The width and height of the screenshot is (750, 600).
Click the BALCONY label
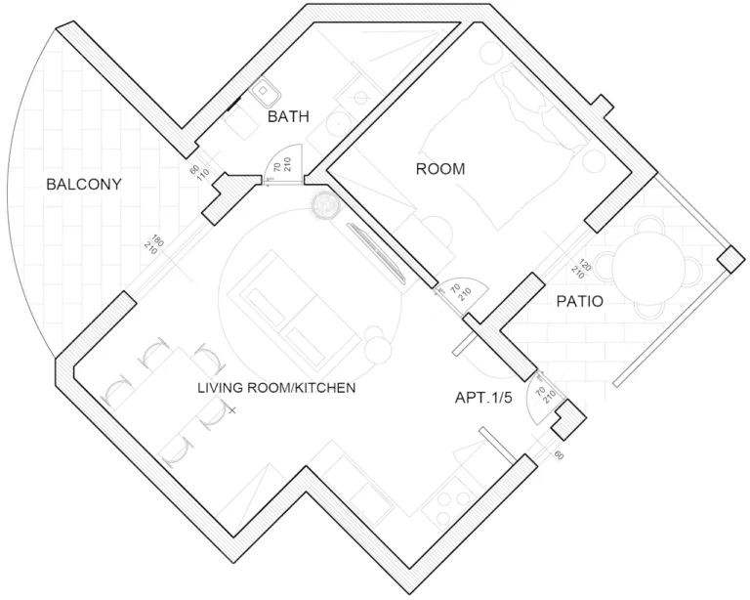[x=84, y=185]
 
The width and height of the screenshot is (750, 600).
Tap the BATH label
[x=288, y=116]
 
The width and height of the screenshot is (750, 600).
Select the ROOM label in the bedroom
[x=440, y=169]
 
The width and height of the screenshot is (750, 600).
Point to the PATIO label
[x=580, y=301]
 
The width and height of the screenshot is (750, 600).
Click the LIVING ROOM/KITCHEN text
[x=276, y=388]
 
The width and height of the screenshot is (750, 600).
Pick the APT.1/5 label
[x=483, y=398]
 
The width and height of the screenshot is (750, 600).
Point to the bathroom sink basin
[x=265, y=92]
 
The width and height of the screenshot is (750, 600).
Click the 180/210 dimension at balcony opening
[x=154, y=244]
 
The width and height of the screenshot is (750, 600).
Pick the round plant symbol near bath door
[x=326, y=205]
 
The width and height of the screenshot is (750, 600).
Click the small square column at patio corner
[x=730, y=259]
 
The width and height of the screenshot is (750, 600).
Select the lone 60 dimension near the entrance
[x=559, y=455]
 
